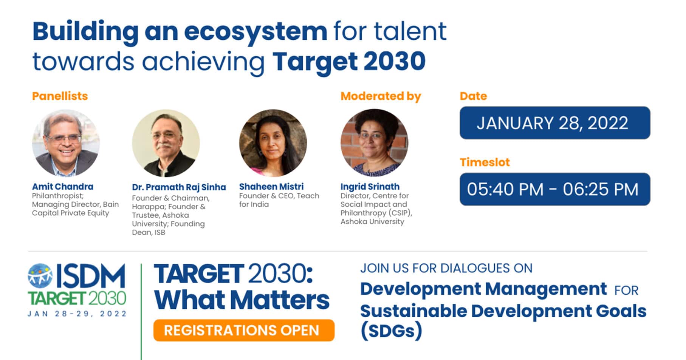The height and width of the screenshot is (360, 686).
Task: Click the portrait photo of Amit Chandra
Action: coord(66,143)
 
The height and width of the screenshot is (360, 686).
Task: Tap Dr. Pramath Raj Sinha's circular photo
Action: coord(166,143)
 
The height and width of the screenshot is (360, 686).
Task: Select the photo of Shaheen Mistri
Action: coord(273,143)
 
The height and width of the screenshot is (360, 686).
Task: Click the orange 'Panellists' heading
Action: coord(60,96)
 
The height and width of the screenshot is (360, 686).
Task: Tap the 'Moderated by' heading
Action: coord(381,96)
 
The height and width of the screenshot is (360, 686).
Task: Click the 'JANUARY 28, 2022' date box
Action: coord(555,123)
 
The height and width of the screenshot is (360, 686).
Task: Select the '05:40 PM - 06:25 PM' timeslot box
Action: coord(555,189)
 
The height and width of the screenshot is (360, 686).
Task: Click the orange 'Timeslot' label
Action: coord(485,162)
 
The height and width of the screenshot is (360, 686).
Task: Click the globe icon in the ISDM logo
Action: coord(40,275)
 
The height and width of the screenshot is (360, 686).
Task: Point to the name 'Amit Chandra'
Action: coord(62,187)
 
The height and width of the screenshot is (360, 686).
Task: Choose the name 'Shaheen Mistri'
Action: coord(271,187)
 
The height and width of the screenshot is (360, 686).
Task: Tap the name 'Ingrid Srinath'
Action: coord(370,187)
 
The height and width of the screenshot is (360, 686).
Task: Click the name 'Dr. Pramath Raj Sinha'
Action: coord(179,187)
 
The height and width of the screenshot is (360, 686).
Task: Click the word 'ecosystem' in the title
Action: coord(256,32)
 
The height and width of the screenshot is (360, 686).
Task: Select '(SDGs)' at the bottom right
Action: coord(391,331)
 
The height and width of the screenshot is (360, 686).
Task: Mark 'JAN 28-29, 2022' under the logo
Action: coord(77,314)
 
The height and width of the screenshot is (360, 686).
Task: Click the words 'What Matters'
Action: coord(242,300)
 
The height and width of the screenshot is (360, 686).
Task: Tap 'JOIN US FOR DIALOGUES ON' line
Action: coord(446,268)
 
